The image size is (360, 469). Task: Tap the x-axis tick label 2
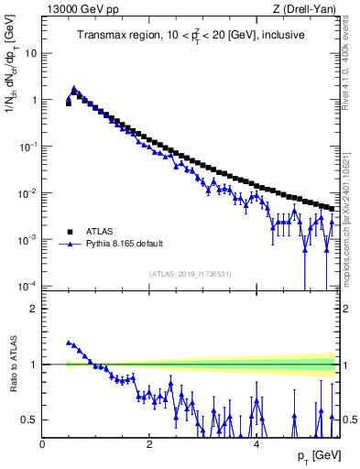[x=149, y=443]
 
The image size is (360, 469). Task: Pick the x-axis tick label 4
[x=256, y=443]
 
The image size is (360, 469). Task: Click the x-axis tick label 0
[x=42, y=443]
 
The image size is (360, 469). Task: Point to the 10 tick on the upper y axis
[x=30, y=53]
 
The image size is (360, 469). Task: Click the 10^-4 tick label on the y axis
[x=27, y=286]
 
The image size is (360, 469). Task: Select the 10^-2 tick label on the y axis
[x=27, y=193]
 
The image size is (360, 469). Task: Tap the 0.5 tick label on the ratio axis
[x=29, y=420]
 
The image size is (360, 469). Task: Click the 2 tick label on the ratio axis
[x=34, y=309]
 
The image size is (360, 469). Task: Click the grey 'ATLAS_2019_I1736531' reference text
[x=191, y=274]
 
